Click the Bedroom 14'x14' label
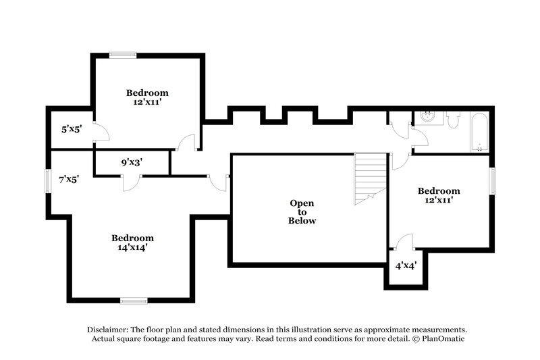pyautogui.click(x=132, y=242)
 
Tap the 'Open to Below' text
pyautogui.click(x=302, y=211)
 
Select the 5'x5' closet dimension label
pyautogui.click(x=71, y=128)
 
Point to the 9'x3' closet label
pyautogui.click(x=131, y=162)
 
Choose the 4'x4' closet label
pyautogui.click(x=404, y=265)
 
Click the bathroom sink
pyautogui.click(x=427, y=117)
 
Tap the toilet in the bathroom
pyautogui.click(x=453, y=120)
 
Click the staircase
pyautogui.click(x=371, y=178)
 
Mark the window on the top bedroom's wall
pyautogui.click(x=124, y=55)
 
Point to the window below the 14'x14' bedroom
pyautogui.click(x=134, y=300)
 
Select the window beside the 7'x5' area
pyautogui.click(x=47, y=181)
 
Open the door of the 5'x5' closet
pyautogui.click(x=99, y=132)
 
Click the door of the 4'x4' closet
pyautogui.click(x=404, y=242)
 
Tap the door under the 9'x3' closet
pyautogui.click(x=130, y=181)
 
